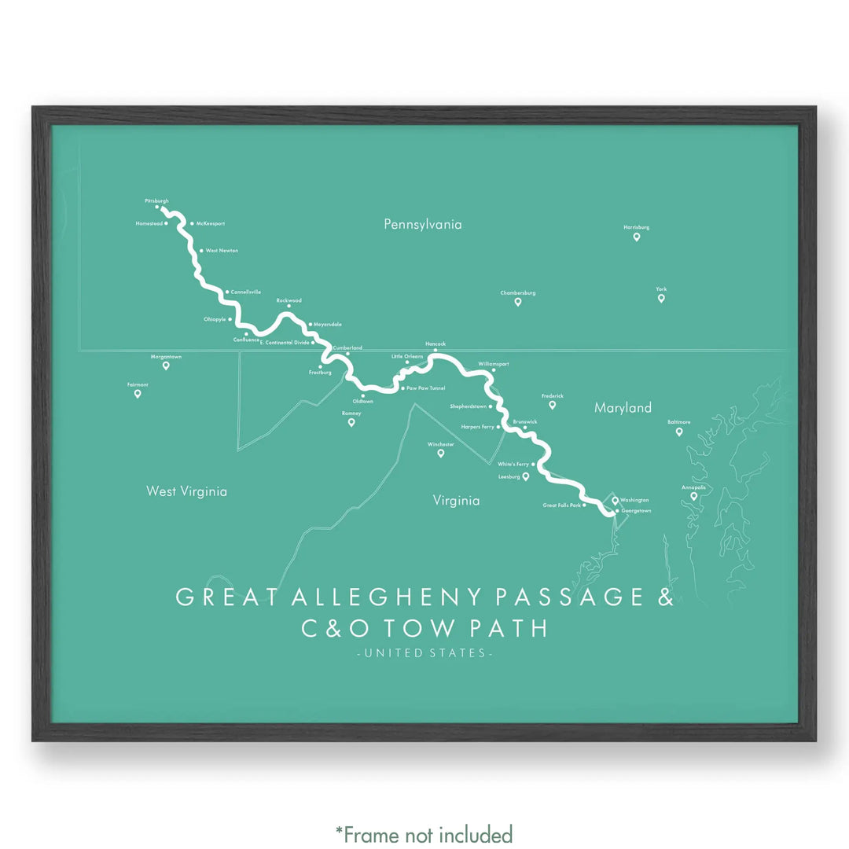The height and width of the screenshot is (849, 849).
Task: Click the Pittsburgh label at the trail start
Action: [156, 201]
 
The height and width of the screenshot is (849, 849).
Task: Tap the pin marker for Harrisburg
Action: [637, 237]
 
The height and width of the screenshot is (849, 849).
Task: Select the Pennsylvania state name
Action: [423, 225]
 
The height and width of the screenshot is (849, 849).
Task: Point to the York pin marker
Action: [661, 298]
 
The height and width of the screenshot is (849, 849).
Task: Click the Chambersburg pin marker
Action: [518, 302]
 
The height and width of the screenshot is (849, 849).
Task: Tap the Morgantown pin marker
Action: [166, 366]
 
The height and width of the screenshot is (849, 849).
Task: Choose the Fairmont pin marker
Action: [138, 394]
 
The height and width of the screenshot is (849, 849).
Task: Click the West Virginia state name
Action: [186, 491]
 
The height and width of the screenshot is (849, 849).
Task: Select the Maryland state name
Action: [623, 408]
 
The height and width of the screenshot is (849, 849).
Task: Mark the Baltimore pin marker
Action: [679, 432]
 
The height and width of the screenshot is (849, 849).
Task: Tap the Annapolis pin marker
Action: [694, 496]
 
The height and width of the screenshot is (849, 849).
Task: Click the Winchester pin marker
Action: [441, 453]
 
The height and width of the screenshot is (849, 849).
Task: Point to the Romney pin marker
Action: [351, 422]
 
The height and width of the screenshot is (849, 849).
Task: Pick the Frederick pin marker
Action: [553, 405]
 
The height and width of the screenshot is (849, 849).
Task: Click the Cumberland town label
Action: [347, 347]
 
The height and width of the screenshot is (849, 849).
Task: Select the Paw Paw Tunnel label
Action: [426, 388]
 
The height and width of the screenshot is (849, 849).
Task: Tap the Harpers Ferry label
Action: [477, 427]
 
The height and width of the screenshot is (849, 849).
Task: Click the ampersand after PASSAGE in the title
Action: [664, 597]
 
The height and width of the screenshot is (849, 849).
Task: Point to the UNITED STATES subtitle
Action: [424, 653]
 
